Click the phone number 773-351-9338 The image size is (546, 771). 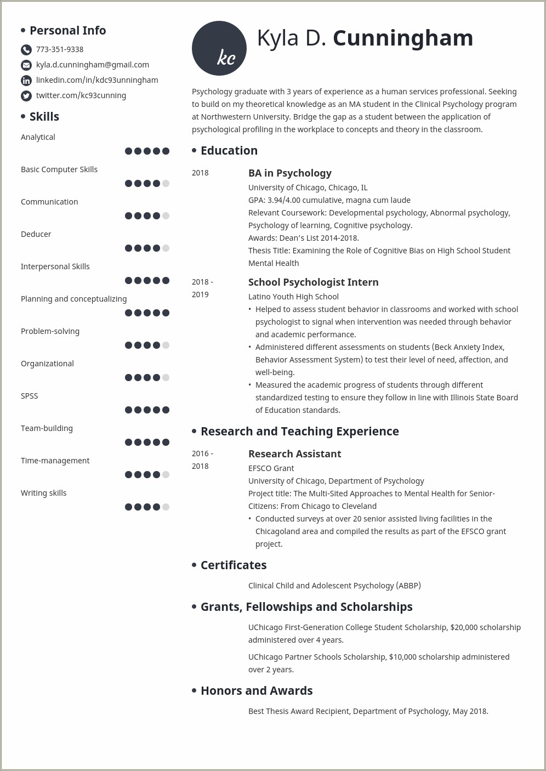pyautogui.click(x=60, y=49)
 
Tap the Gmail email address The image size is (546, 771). pyautogui.click(x=92, y=65)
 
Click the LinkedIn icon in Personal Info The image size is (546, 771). pyautogui.click(x=26, y=81)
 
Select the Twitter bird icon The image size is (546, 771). pyautogui.click(x=26, y=96)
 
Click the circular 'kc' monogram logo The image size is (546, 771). pyautogui.click(x=219, y=48)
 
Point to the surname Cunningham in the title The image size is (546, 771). pyautogui.click(x=402, y=38)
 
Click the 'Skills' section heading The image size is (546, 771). pyautogui.click(x=44, y=116)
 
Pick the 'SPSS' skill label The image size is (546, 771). pyautogui.click(x=30, y=396)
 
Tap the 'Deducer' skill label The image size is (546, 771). pyautogui.click(x=36, y=234)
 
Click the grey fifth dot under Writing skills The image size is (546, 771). pyautogui.click(x=166, y=507)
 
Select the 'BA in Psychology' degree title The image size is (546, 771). pyautogui.click(x=289, y=173)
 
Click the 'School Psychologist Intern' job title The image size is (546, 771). pyautogui.click(x=313, y=282)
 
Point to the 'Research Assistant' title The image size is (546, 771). pyautogui.click(x=294, y=453)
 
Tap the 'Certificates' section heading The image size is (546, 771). pyautogui.click(x=234, y=565)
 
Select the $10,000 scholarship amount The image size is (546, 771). pyautogui.click(x=403, y=657)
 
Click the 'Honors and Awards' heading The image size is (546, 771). pyautogui.click(x=257, y=690)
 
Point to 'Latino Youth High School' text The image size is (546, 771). pyautogui.click(x=293, y=297)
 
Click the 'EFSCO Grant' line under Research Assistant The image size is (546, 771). pyautogui.click(x=271, y=468)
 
